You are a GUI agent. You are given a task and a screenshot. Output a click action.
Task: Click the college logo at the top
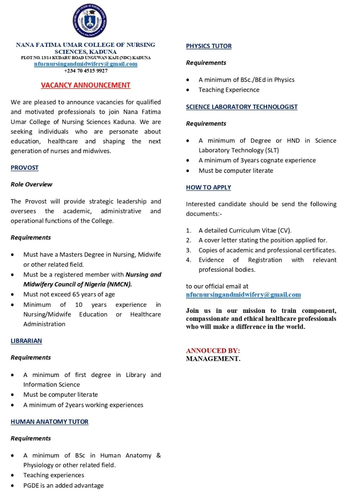[90, 21]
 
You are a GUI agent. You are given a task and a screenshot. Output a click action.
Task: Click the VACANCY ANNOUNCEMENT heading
[85, 85]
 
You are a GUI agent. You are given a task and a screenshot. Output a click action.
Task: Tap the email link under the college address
[85, 64]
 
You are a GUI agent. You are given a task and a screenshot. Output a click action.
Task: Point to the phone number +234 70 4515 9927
[85, 71]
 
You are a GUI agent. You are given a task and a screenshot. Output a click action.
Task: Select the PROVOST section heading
[24, 168]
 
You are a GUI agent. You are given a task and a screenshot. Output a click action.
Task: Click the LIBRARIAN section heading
[26, 341]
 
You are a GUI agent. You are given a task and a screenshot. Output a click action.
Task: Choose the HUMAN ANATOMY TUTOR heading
[49, 422]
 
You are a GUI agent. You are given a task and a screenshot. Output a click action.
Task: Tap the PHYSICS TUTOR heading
[209, 46]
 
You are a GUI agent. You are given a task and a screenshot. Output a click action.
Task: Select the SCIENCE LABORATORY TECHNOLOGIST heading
[242, 107]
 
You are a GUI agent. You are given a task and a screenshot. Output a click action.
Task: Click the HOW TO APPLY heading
[208, 188]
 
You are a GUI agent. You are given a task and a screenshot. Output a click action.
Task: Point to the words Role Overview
[31, 184]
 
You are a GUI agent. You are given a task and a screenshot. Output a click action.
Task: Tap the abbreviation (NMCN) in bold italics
[119, 285]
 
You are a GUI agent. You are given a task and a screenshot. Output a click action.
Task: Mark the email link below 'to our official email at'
[243, 295]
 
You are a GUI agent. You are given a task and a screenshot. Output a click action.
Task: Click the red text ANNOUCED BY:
[213, 351]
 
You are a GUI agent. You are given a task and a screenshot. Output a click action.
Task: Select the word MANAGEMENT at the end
[213, 359]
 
